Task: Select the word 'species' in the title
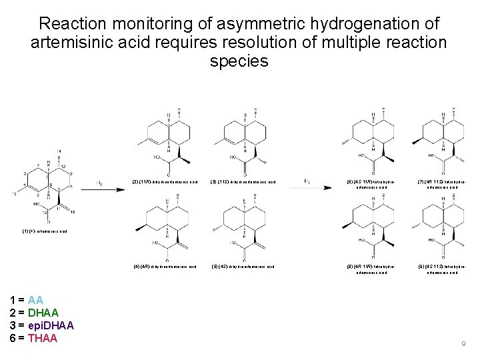[x=239, y=61]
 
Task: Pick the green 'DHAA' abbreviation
[x=43, y=313]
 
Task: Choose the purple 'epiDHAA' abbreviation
[x=51, y=325]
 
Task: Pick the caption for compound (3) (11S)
[x=243, y=181]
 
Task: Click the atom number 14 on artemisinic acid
[x=59, y=150]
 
